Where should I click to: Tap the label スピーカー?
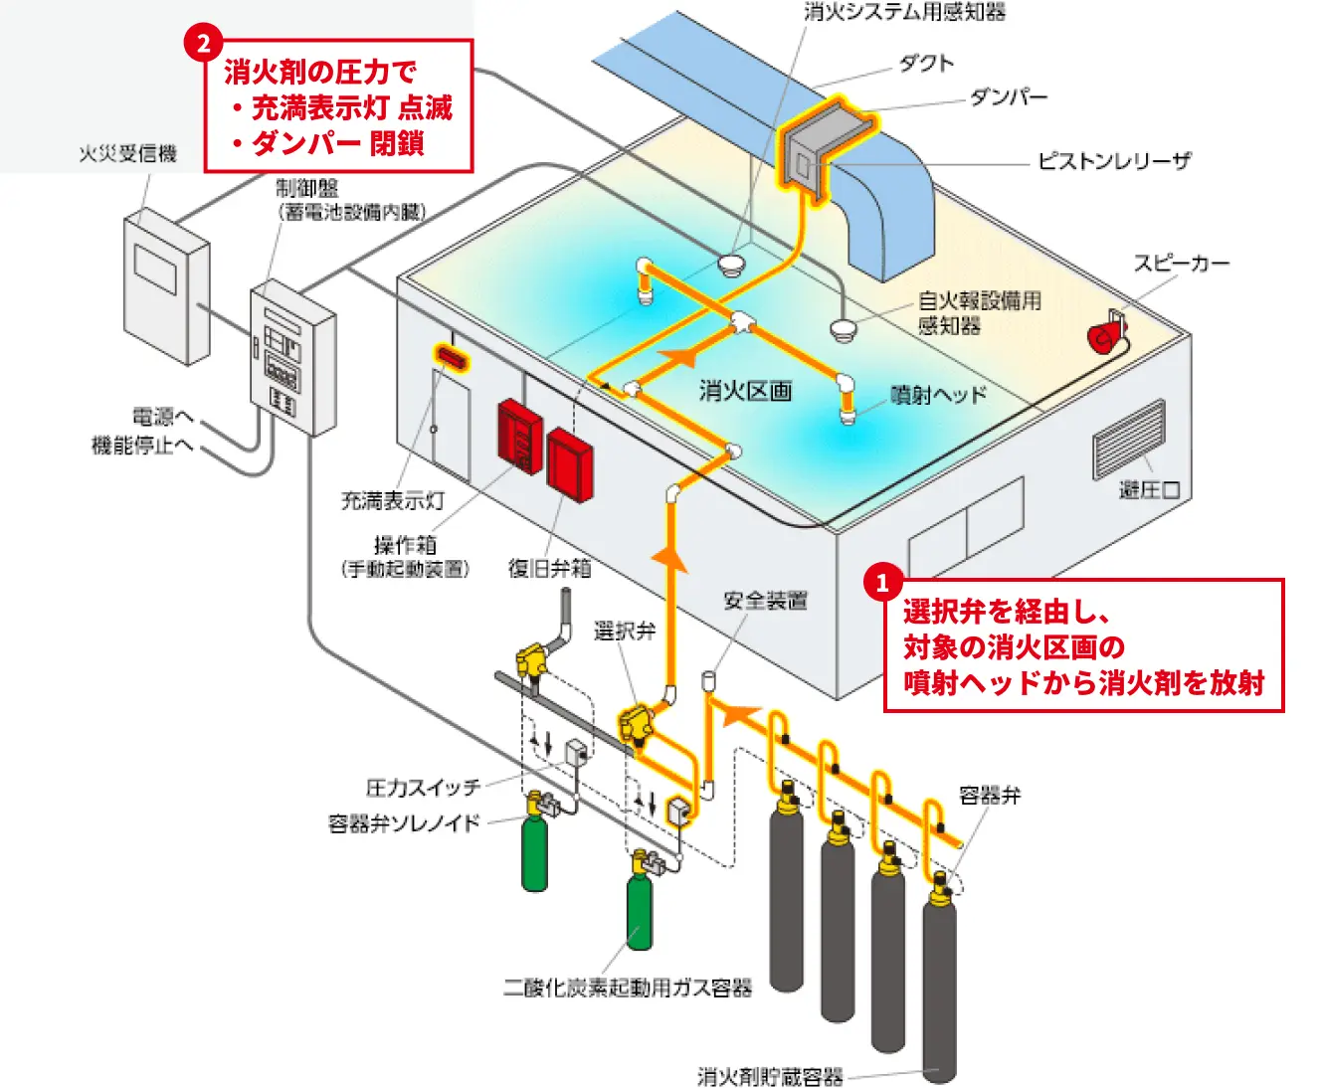[1181, 264]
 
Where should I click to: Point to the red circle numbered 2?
[203, 44]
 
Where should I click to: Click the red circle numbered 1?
[882, 583]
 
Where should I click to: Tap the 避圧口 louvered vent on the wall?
[1129, 439]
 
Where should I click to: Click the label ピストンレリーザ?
[1113, 161]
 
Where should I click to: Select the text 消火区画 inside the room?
[745, 391]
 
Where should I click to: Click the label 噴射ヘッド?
[938, 395]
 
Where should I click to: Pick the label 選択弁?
[624, 631]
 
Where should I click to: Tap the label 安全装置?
[765, 601]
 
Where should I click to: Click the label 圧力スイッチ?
[423, 788]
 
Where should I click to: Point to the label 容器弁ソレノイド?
[404, 823]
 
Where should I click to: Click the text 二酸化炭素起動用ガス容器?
[627, 988]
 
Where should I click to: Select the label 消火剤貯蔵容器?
[770, 1076]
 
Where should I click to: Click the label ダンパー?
[1008, 97]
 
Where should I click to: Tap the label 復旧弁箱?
[549, 568]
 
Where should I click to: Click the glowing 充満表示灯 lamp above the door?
[449, 356]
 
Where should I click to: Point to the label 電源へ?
[162, 417]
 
